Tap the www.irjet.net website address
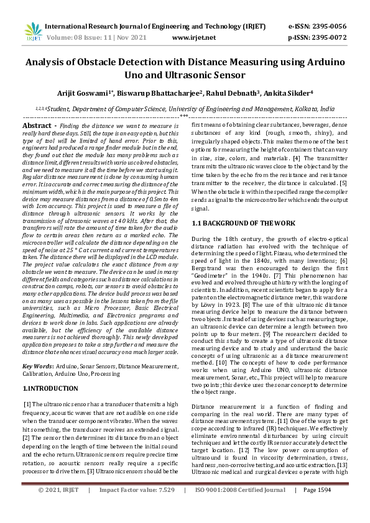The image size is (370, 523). (193, 37)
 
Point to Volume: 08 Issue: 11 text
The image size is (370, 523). (82, 37)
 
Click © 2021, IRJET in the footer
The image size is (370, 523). (58, 507)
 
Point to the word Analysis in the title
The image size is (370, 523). (49, 63)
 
